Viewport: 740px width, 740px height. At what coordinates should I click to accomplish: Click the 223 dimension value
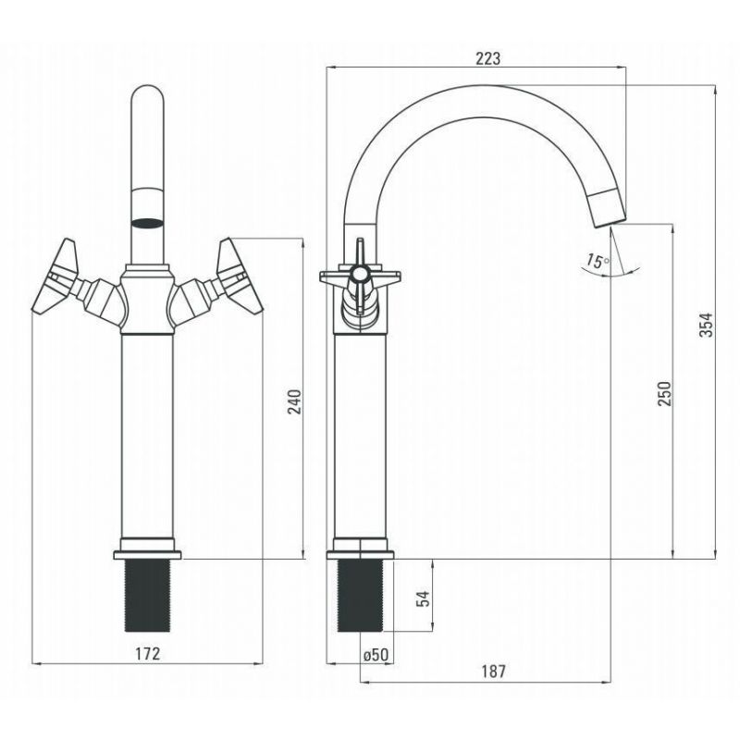point(487,58)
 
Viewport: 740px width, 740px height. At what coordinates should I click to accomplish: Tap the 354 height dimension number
point(706,325)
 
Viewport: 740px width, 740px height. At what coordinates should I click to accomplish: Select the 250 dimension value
point(664,394)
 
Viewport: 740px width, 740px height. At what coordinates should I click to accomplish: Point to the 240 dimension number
point(294,401)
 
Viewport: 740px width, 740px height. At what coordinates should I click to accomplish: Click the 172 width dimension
point(148,654)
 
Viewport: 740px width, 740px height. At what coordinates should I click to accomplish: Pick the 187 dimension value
point(494,671)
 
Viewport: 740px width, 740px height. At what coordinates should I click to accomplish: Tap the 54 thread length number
point(424,598)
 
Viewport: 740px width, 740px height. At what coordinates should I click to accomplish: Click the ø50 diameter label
point(376,655)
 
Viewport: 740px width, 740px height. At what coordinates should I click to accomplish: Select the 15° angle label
point(598,261)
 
